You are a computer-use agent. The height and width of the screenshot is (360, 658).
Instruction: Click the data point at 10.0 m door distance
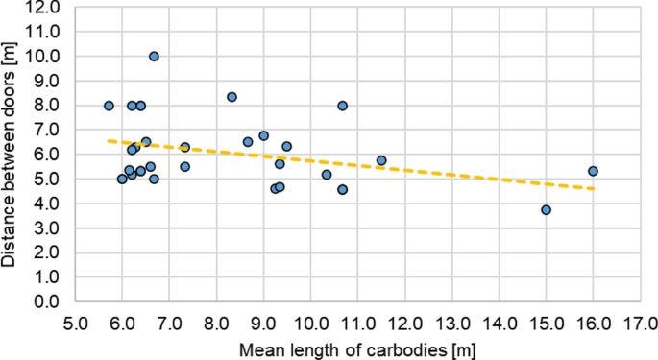pos(154,57)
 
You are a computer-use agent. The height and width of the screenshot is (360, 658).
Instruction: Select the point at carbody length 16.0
pos(593,171)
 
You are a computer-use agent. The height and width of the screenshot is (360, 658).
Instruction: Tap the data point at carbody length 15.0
pos(546,209)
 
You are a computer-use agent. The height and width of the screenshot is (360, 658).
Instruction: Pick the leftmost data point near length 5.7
pos(109,106)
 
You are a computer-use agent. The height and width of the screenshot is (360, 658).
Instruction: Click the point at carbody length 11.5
pos(381,160)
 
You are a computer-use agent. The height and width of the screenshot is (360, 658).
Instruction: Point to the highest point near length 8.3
pos(232,97)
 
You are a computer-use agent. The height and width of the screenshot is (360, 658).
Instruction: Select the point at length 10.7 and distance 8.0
pos(342,106)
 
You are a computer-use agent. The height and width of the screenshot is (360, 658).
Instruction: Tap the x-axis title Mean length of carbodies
pos(357,348)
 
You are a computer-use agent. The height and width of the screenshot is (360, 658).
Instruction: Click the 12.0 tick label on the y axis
pos(44,7)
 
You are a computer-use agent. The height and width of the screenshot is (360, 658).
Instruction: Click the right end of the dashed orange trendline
pos(593,188)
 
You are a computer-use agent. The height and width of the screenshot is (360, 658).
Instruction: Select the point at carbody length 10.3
pos(327,175)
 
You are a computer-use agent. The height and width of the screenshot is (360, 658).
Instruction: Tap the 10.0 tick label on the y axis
pos(44,56)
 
